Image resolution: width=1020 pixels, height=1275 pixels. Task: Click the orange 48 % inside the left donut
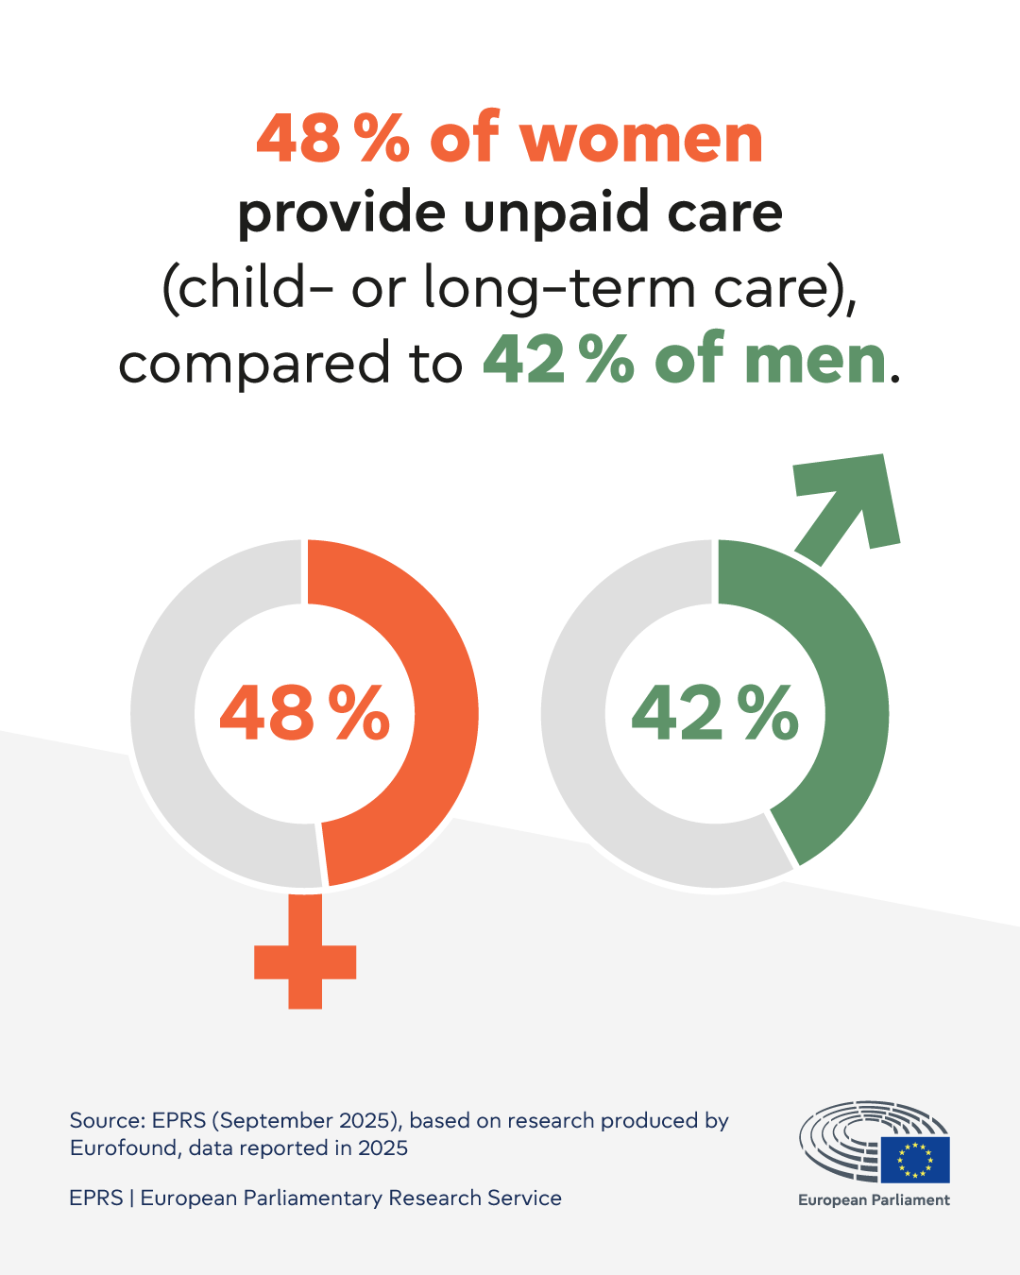click(304, 713)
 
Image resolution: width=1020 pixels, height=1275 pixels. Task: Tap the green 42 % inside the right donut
click(715, 713)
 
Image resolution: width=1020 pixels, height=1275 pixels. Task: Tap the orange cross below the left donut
click(305, 959)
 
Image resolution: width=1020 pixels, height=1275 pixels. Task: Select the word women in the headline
click(641, 140)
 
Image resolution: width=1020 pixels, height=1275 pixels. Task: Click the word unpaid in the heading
click(557, 213)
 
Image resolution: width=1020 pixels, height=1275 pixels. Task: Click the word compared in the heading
click(254, 364)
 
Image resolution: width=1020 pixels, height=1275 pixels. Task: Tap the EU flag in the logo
click(914, 1160)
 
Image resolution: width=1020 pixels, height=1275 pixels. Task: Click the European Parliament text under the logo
click(874, 1200)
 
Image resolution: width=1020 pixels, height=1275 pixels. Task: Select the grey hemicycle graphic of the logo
click(841, 1138)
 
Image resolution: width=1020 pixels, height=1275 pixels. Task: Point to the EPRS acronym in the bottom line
click(96, 1198)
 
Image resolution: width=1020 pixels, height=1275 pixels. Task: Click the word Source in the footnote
click(104, 1121)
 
